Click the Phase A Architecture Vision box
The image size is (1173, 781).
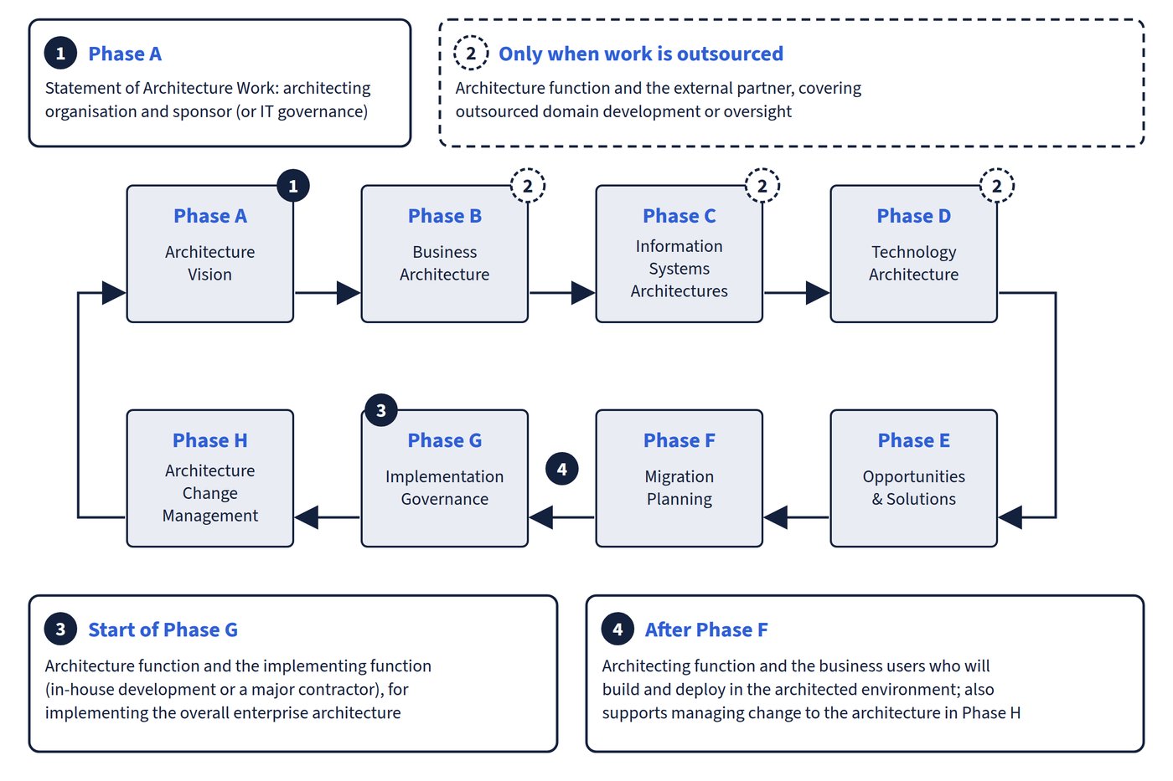[x=210, y=254]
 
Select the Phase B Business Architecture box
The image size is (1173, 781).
[x=445, y=254]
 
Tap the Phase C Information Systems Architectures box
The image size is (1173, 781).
[x=680, y=254]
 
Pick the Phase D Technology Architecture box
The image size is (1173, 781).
[x=914, y=254]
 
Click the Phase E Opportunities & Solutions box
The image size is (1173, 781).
[x=914, y=478]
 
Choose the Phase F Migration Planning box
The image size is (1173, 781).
[x=680, y=478]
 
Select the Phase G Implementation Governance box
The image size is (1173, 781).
[x=445, y=478]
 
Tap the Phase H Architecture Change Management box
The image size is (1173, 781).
[x=210, y=478]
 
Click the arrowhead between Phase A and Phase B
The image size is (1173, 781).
[x=349, y=293]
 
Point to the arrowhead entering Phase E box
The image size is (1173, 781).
[x=1010, y=517]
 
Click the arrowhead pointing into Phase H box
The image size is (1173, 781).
[x=307, y=517]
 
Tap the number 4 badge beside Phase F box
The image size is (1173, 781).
[x=562, y=469]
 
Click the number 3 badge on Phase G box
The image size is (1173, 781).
[x=380, y=410]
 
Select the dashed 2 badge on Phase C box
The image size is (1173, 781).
[x=762, y=186]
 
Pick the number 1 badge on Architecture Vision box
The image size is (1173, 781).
[x=293, y=186]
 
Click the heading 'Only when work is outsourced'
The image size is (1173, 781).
[x=641, y=54]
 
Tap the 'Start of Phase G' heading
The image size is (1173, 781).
[x=163, y=629]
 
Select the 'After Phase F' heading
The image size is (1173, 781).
[x=706, y=629]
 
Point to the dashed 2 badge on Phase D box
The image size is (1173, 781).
[x=997, y=186]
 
